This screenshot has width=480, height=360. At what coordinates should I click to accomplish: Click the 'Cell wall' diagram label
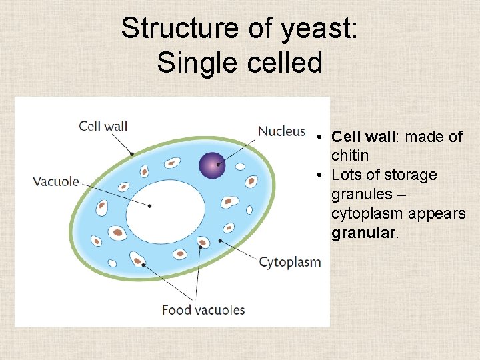pos(103,125)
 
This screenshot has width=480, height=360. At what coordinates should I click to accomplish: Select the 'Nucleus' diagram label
pos(281,131)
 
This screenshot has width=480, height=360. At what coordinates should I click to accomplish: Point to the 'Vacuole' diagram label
pos(57,181)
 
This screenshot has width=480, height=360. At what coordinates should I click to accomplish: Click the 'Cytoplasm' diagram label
pos(290,262)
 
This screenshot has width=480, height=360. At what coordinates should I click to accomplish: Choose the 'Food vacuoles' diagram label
pos(203,309)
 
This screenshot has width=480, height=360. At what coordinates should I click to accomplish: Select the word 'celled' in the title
pos(285,63)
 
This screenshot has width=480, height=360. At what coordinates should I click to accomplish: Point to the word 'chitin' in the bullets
pos(350,155)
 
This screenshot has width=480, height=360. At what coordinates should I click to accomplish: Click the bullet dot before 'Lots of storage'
pos(321,175)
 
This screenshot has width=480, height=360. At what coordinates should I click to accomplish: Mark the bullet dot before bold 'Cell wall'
pos(321,137)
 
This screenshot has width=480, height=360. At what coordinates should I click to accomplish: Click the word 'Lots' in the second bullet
pos(345,175)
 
